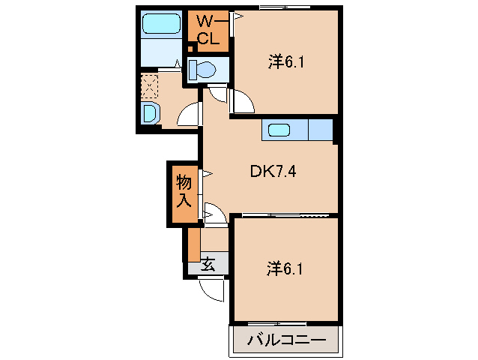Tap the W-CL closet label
(x=208, y=29)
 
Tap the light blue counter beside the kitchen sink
(x=320, y=130)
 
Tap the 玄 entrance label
(x=208, y=264)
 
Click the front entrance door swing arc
(x=213, y=289)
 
